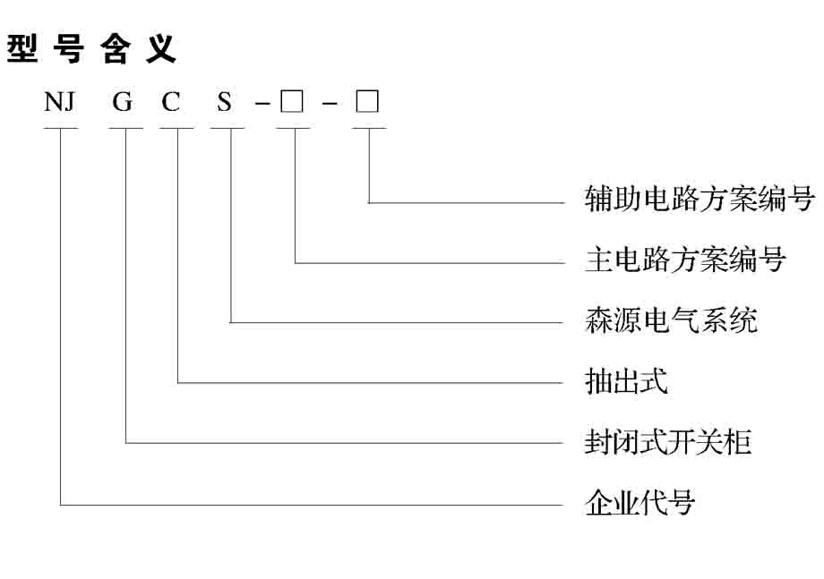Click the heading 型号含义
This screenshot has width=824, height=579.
(91, 49)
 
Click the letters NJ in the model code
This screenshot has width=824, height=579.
(59, 102)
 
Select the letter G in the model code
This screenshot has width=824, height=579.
(123, 102)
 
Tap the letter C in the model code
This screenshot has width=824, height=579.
(171, 102)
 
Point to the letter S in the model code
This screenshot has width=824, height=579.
(225, 102)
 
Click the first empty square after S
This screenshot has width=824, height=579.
(292, 101)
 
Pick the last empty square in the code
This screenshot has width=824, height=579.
(367, 101)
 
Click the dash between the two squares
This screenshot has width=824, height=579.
(330, 104)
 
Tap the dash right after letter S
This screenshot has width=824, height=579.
(262, 104)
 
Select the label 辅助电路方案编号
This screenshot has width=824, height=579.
(700, 199)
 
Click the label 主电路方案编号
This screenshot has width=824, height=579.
(685, 260)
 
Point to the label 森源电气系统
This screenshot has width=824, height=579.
(671, 319)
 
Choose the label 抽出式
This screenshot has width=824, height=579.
(626, 380)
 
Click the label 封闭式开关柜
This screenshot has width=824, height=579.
(668, 441)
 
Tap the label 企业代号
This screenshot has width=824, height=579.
(640, 502)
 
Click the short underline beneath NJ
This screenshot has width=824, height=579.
(60, 128)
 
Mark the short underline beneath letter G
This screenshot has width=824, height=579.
(125, 128)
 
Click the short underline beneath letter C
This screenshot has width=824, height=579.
(177, 128)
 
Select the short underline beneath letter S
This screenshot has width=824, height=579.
(227, 128)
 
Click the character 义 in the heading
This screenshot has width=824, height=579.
(161, 49)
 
